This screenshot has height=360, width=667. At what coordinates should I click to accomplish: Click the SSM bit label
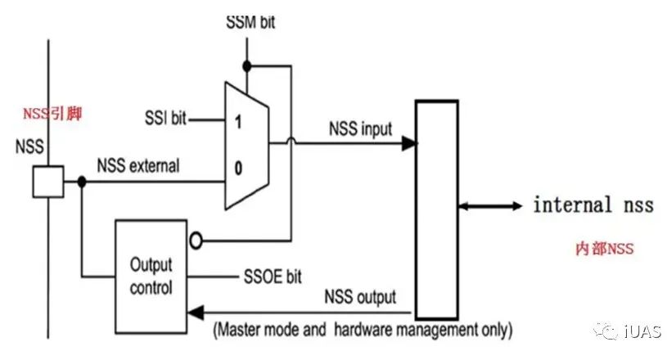pyautogui.click(x=250, y=21)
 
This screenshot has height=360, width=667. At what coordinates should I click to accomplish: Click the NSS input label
pyautogui.click(x=360, y=128)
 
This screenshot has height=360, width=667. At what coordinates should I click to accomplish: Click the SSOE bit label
pyautogui.click(x=273, y=277)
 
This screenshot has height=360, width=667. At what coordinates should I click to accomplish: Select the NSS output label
pyautogui.click(x=360, y=295)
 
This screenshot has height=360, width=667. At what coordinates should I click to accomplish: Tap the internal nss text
pyautogui.click(x=593, y=205)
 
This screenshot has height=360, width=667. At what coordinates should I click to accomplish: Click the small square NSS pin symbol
pyautogui.click(x=47, y=181)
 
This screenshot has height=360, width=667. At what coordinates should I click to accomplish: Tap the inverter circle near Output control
pyautogui.click(x=194, y=241)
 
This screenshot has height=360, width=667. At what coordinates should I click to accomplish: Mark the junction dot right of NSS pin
pyautogui.click(x=81, y=181)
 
